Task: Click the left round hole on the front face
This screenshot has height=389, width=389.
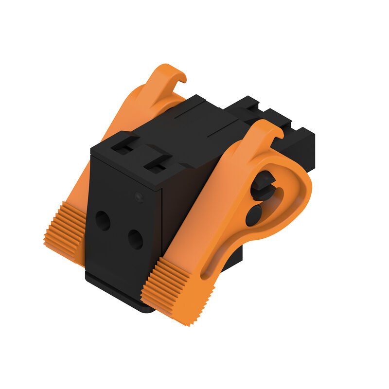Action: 102,221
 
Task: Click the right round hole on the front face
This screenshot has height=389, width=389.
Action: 135,239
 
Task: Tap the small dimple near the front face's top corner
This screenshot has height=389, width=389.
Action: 139,197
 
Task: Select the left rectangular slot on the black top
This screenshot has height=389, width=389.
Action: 124,146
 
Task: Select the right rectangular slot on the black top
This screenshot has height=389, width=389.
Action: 157,165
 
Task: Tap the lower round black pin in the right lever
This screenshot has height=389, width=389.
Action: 253,215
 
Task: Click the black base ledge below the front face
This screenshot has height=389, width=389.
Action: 117,292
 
